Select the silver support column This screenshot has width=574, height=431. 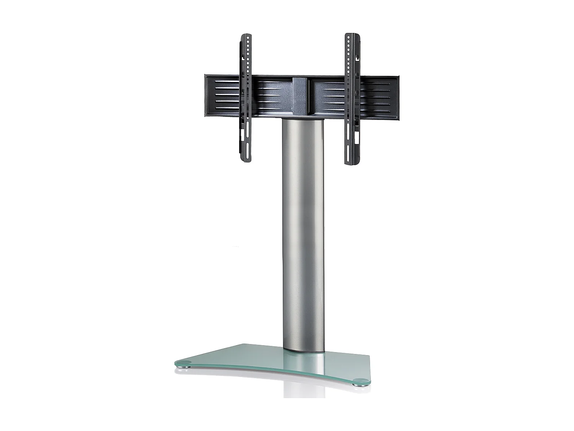(303, 230)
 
